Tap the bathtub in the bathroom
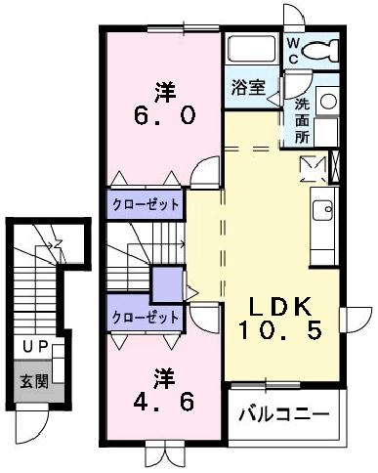click(x=253, y=49)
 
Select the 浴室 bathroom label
click(x=248, y=87)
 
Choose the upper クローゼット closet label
click(x=146, y=204)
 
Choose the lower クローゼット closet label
click(x=146, y=318)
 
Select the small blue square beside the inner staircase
click(x=166, y=284)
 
